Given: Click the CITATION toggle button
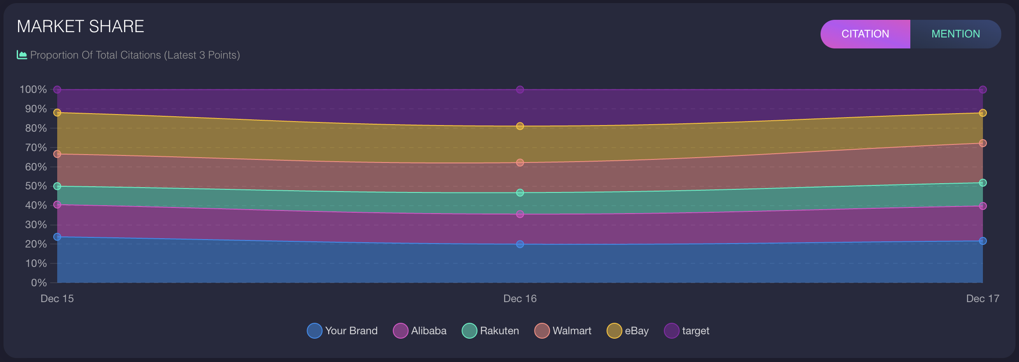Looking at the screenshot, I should coord(865,34).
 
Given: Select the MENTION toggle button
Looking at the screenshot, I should coord(955,34).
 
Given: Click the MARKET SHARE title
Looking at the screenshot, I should coord(81,26).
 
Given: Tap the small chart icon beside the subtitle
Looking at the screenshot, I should coord(22,55).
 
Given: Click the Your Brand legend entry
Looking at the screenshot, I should coord(342,331).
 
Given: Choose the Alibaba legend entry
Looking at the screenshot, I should coord(420,331).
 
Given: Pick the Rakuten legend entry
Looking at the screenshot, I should coord(491,331).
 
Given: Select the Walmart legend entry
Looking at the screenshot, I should coord(563,331).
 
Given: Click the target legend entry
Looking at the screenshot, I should coord(687,331).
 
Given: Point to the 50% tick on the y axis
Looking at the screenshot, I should coord(36,186).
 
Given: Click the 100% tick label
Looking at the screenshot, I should coord(33,89).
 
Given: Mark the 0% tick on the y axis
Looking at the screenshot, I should coord(39,283).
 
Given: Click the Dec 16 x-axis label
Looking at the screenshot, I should coord(520,299).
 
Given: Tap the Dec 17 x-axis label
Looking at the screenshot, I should coord(982,299).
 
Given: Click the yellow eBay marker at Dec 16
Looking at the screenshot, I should coord(520,126).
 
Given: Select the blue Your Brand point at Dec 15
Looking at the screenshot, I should coord(57,237).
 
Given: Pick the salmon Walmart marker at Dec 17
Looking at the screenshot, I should coord(982,143).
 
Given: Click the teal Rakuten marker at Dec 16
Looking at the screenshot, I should coord(520,192).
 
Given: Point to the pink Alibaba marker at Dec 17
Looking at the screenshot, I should coord(982,206).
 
